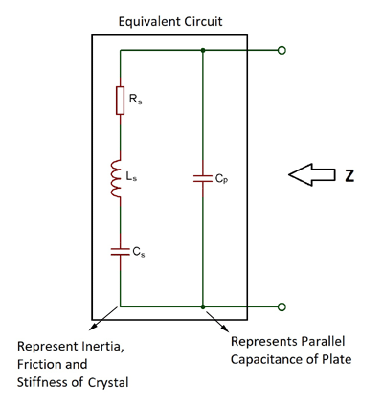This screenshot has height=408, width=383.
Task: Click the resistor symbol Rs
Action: (120, 101)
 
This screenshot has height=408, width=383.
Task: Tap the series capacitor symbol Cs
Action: (120, 251)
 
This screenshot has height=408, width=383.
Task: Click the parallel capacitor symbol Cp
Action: (202, 177)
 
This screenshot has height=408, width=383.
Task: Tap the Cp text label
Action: (221, 178)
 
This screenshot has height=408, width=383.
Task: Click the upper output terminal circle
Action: (281, 51)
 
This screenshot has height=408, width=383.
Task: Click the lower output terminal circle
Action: (281, 306)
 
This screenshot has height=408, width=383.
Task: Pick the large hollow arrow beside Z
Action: (311, 175)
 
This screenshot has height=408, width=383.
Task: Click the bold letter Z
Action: (349, 175)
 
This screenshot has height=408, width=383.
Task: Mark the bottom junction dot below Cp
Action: (202, 306)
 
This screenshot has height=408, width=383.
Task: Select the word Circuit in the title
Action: (205, 20)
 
